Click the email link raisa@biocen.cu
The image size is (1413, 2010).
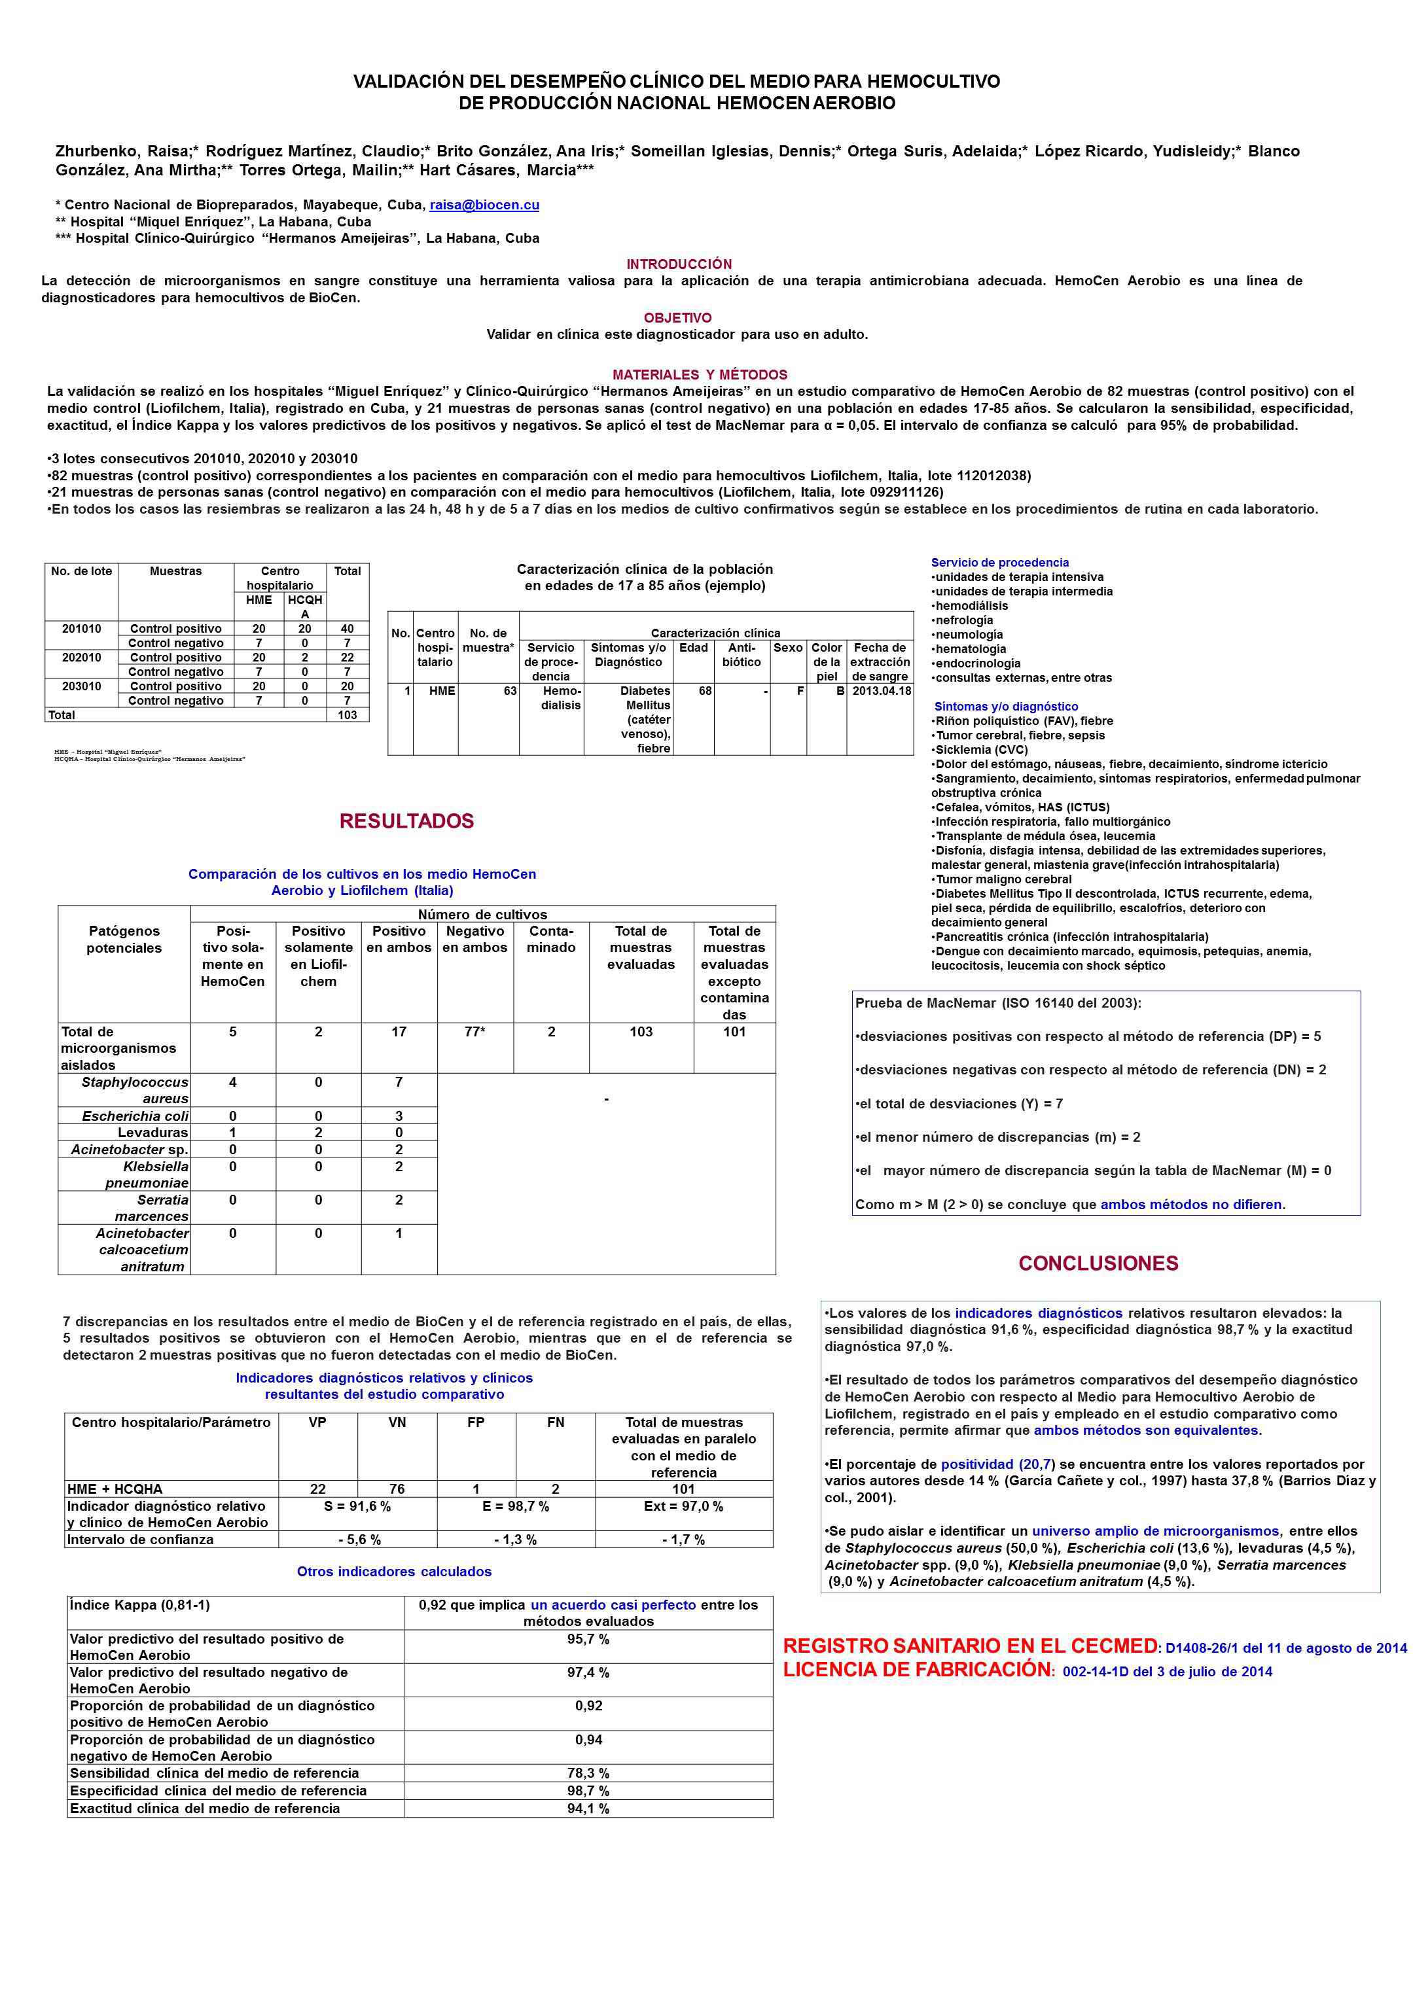coord(484,205)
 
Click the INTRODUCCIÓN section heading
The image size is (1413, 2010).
coord(679,264)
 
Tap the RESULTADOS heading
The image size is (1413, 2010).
coord(406,821)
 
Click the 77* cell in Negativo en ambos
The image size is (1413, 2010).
coord(474,1032)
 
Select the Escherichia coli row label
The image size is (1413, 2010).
coord(135,1116)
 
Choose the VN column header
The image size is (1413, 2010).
coord(397,1422)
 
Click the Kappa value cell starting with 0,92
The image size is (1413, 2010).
coord(588,1613)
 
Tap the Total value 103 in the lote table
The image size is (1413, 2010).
coord(347,715)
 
